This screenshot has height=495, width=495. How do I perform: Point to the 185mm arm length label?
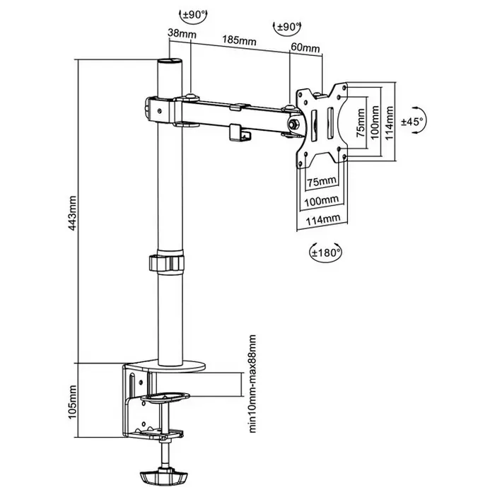point(240,40)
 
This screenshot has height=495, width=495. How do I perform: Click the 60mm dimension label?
point(305,49)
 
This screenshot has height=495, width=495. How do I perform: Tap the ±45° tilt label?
point(412,122)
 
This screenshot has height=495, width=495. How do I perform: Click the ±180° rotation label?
point(327,250)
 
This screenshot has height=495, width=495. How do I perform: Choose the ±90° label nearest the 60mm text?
point(286,27)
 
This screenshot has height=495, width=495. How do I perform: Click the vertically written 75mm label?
point(361,123)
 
